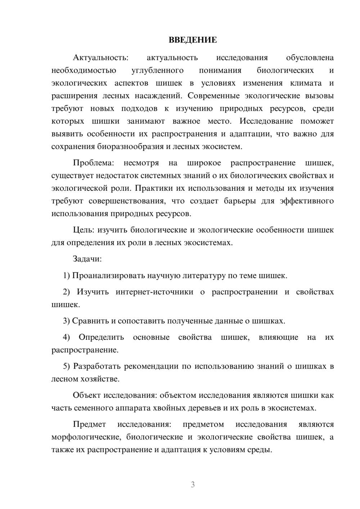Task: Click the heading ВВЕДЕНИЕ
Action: [x=193, y=40]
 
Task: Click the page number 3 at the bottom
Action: [x=193, y=485]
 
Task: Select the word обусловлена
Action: [x=310, y=58]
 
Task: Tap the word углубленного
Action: [x=157, y=71]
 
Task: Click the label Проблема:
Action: [x=93, y=163]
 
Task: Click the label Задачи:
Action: [x=87, y=259]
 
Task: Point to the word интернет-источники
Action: [x=154, y=292]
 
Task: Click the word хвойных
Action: [x=170, y=408]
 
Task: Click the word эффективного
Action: [x=307, y=201]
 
